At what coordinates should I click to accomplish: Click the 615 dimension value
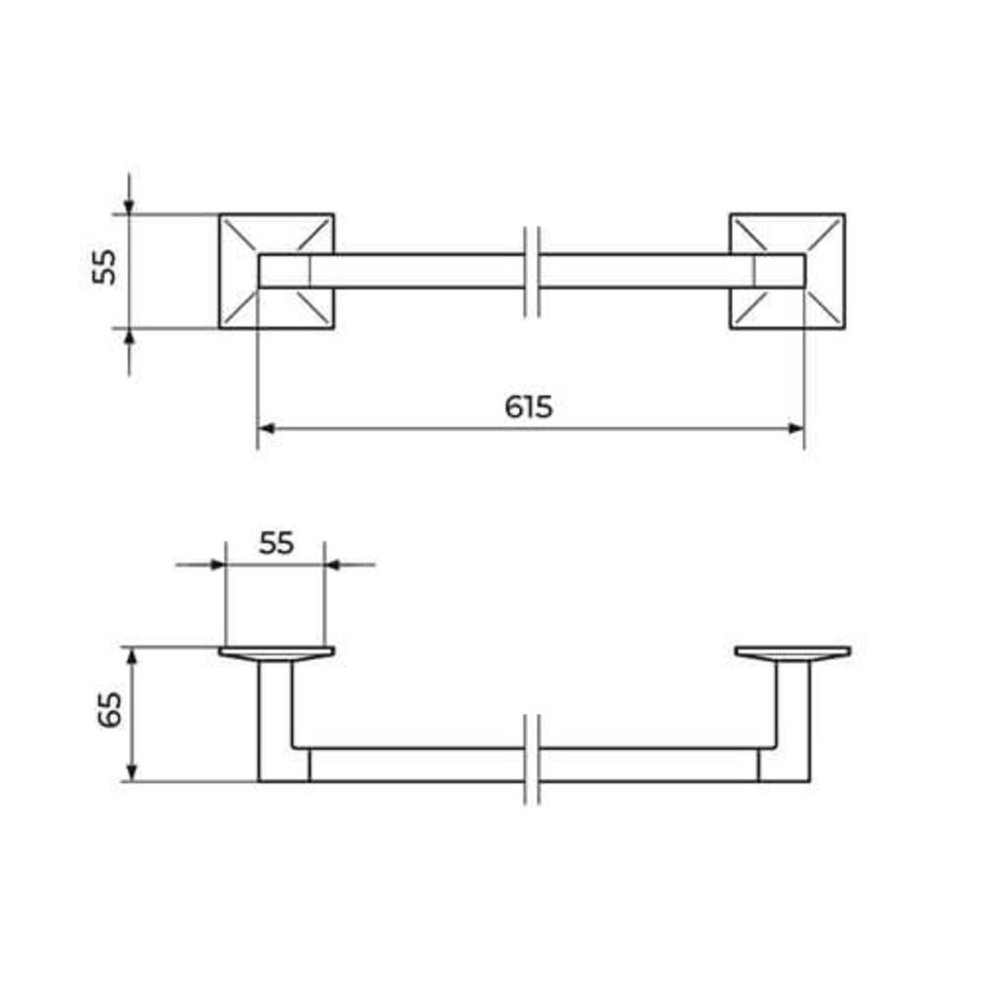coord(528,406)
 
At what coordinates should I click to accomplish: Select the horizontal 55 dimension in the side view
coord(276,543)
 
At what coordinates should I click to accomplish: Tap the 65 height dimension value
coord(109,710)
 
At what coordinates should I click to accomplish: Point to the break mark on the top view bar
coord(531,271)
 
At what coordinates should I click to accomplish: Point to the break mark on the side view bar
coord(531,759)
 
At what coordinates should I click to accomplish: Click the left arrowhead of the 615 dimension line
coord(265,428)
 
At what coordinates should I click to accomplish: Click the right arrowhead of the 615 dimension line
coord(796,428)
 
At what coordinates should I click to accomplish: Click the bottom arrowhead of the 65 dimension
coord(130,774)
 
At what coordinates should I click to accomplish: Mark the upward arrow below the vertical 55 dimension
coord(129,338)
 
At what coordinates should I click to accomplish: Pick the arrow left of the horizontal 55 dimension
coord(216,564)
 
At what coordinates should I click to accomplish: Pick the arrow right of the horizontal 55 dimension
coord(334,564)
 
